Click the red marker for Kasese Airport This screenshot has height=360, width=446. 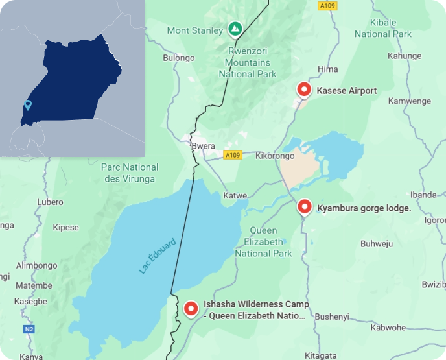coord(303,90)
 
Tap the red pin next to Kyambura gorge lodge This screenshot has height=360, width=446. coord(304,207)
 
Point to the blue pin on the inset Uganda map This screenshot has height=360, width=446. coord(27,105)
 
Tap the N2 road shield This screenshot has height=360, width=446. coord(29,330)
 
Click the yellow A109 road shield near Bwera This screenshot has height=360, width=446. coord(232,155)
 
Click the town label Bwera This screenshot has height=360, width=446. coord(203,146)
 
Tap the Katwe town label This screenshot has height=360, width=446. coord(235,195)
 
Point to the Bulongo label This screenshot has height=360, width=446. coord(178,58)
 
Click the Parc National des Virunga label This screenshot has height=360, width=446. coord(130,173)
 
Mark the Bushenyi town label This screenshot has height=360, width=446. coord(332,317)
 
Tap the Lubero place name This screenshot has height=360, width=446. coord(51,202)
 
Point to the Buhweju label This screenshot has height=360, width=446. coord(377,244)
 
